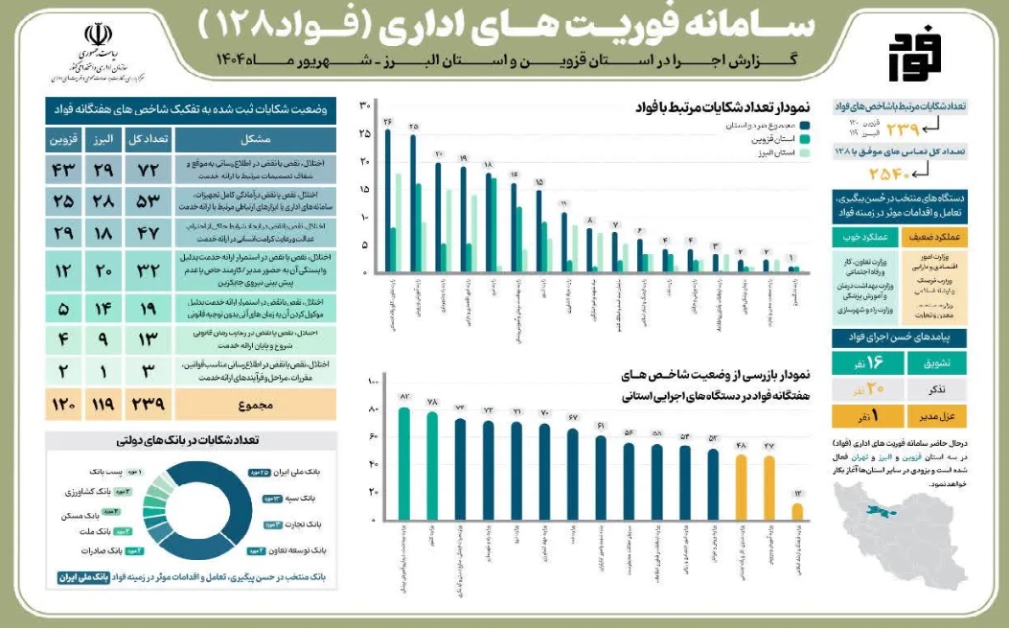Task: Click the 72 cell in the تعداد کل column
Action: pyautogui.click(x=149, y=170)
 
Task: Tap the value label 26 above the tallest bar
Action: pyautogui.click(x=388, y=123)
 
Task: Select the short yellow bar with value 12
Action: pyautogui.click(x=797, y=510)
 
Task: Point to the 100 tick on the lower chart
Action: pyautogui.click(x=374, y=384)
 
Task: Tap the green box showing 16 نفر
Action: pyautogui.click(x=887, y=361)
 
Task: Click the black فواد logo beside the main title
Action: pyautogui.click(x=915, y=57)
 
